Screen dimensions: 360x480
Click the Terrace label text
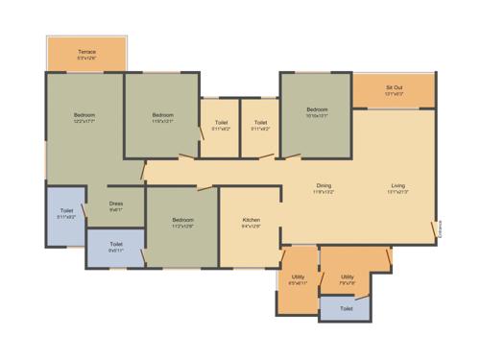point(87,51)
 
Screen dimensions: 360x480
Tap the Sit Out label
point(394,87)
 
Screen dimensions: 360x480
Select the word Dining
point(324,185)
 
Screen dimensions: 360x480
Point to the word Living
point(397,185)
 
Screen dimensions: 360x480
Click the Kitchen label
point(252,221)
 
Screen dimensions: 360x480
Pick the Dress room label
point(116,204)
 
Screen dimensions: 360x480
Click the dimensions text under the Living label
point(397,192)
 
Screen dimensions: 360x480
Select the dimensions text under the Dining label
point(324,192)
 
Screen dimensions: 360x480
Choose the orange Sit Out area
point(394,90)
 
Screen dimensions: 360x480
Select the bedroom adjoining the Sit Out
point(317,115)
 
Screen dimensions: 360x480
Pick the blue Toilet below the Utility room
point(346,309)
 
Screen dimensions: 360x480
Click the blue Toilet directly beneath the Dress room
point(116,248)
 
